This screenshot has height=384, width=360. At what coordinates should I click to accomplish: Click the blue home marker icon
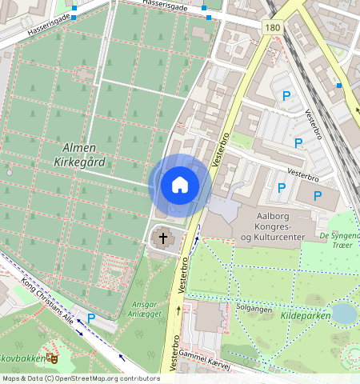click(180, 185)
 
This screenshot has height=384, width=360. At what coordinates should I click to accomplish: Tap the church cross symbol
click(163, 238)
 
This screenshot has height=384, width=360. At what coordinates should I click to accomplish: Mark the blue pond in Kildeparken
click(344, 313)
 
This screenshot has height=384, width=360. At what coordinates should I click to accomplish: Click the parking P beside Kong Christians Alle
click(91, 318)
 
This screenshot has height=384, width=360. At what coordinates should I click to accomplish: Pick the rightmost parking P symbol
click(318, 195)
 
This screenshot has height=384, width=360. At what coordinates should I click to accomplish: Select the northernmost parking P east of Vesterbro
click(285, 96)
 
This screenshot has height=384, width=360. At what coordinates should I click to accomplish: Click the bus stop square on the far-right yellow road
click(340, 85)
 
